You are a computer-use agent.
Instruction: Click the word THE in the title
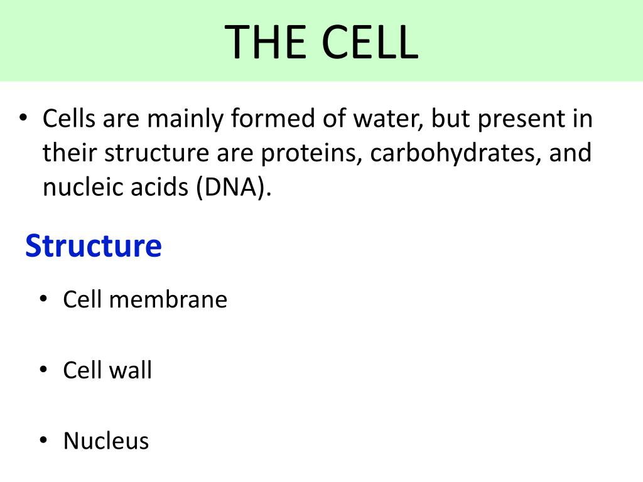[x=266, y=42]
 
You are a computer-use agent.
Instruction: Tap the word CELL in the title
[x=370, y=42]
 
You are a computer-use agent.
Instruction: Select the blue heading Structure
[x=94, y=246]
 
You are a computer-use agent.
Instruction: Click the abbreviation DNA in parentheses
[x=233, y=187]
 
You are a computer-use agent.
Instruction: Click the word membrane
[x=168, y=299]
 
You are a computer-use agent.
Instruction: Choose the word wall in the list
[x=130, y=370]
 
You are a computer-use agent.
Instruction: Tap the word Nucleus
[x=106, y=441]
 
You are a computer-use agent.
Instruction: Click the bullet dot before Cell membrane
[x=43, y=298]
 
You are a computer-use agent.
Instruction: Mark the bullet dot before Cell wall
[x=43, y=369]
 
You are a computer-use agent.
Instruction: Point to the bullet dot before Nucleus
[x=43, y=440]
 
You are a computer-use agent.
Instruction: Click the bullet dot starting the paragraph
[x=23, y=117]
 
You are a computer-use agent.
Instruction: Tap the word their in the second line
[x=70, y=153]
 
